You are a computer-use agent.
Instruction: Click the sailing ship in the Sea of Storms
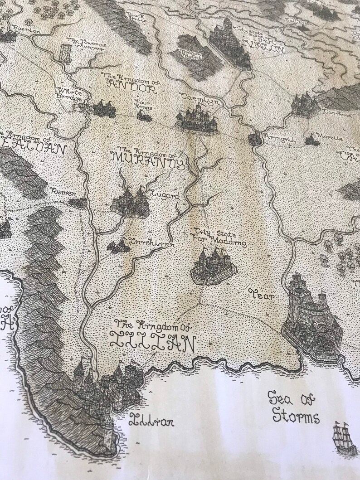344,437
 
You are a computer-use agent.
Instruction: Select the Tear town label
262,296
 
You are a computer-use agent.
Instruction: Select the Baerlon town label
28,30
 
